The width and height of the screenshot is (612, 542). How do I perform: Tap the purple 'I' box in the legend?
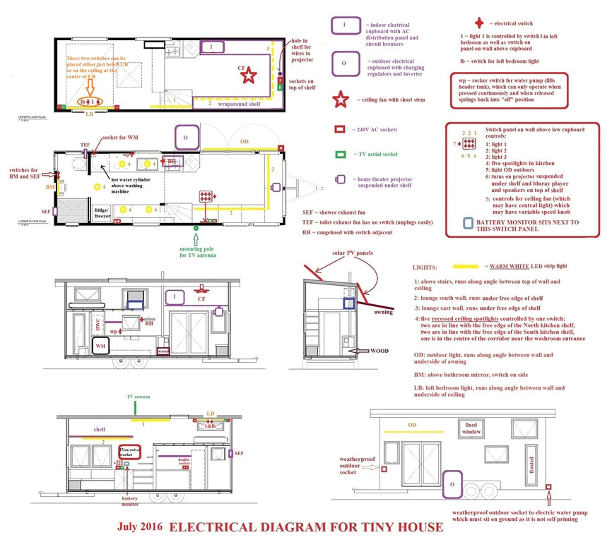tap(343, 25)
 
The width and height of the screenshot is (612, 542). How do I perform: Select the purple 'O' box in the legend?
tap(343, 63)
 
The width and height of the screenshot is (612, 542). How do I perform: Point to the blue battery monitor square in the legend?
tap(469, 223)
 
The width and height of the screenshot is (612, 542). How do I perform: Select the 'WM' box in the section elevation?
tap(102, 347)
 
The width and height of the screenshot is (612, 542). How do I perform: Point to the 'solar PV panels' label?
tap(353, 253)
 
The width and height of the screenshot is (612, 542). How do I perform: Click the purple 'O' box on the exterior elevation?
tap(452, 486)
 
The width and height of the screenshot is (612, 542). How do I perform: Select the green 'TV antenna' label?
tap(138, 397)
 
